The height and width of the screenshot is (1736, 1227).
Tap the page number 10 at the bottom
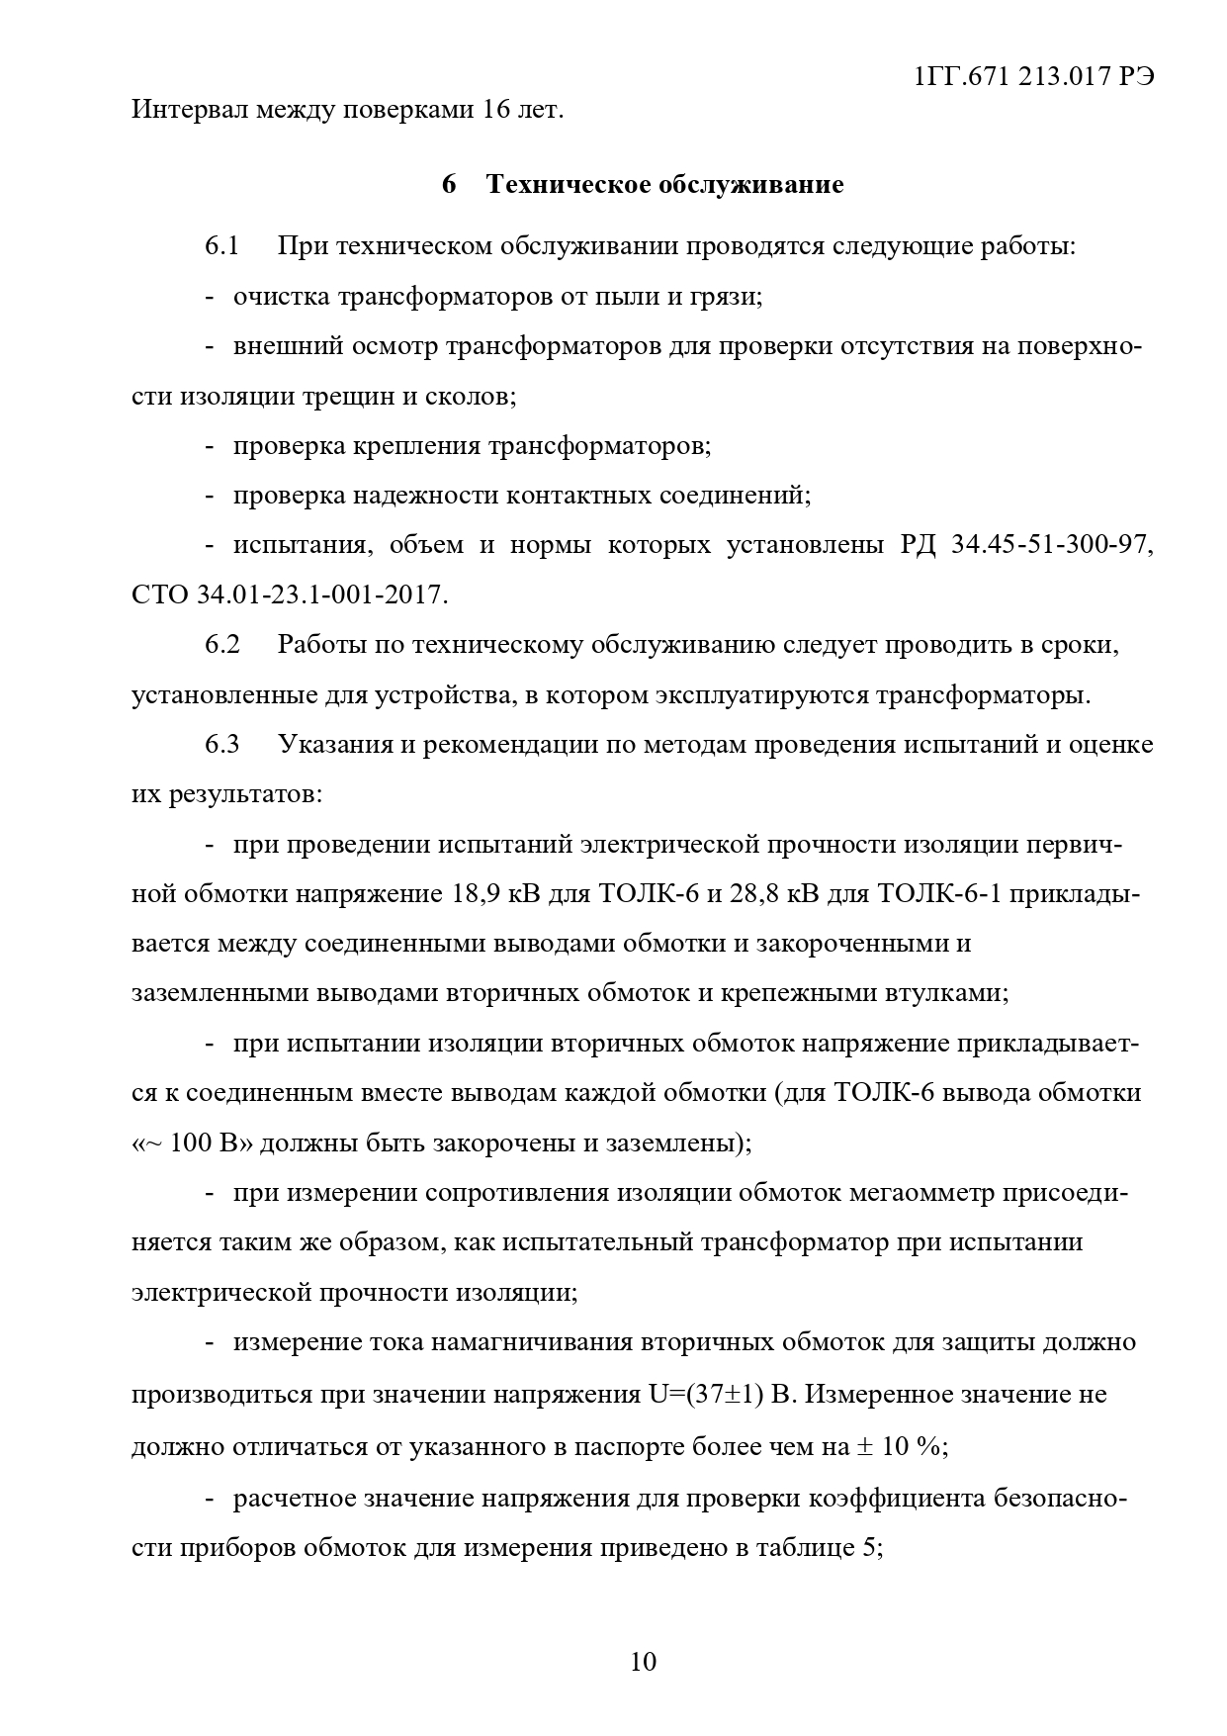coord(643,1661)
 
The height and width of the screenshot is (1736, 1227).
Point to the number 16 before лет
coord(495,109)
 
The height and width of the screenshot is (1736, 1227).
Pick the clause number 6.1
coord(222,245)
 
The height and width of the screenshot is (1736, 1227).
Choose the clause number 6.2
coord(222,645)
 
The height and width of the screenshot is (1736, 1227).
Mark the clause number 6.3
coord(222,744)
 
